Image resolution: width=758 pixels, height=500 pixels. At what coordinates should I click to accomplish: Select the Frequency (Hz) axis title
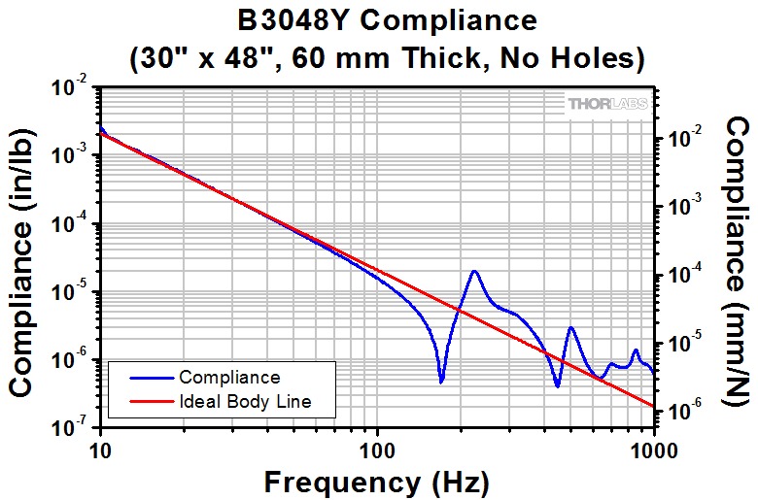(377, 481)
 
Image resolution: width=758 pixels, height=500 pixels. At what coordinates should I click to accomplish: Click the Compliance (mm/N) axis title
(739, 259)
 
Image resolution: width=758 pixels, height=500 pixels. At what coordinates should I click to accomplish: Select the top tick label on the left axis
(76, 88)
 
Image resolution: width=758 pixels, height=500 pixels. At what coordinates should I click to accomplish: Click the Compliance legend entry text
(229, 378)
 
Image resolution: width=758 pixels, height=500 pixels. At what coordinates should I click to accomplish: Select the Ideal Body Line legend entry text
(244, 401)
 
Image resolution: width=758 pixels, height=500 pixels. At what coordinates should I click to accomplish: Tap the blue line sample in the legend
(144, 378)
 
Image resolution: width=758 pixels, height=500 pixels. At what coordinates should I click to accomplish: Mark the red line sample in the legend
(144, 401)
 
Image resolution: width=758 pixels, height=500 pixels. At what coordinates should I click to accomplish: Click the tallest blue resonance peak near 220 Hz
(474, 272)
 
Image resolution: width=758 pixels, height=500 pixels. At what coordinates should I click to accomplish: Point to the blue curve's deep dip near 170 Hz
(441, 382)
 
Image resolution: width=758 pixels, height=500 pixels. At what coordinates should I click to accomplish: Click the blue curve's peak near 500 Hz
(571, 328)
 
